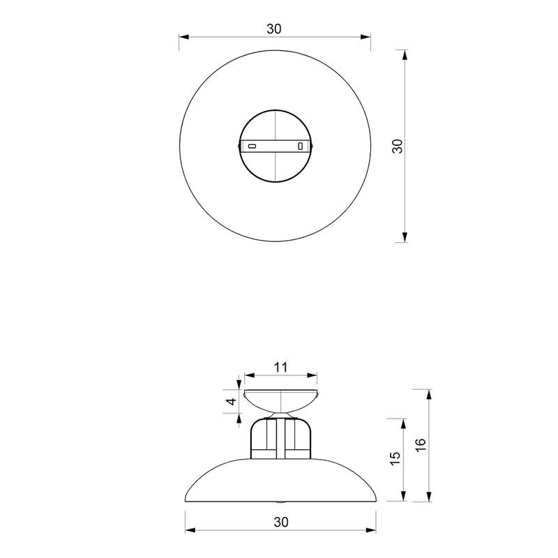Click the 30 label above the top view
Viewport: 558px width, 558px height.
coord(274,29)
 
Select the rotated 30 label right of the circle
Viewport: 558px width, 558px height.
coord(398,146)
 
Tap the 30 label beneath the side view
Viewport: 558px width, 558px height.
coord(280,522)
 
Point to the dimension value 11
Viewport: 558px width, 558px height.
coord(280,366)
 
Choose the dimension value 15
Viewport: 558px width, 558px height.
coord(395,458)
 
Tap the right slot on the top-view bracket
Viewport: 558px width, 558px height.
coord(301,146)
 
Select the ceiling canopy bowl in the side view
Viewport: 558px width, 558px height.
coord(280,400)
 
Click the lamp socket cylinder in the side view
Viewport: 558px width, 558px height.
coord(279,438)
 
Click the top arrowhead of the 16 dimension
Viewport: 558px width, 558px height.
coord(429,395)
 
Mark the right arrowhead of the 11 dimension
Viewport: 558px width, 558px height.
coord(315,377)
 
